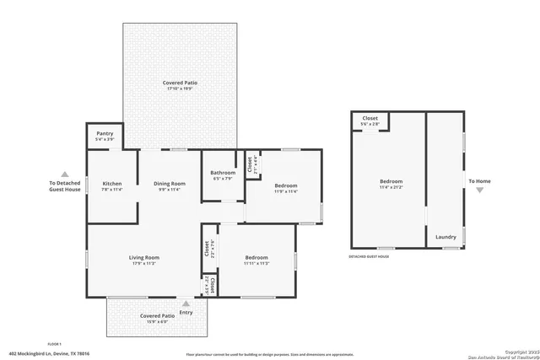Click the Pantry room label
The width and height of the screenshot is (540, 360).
[x=105, y=133]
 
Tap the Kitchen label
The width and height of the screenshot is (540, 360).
[x=112, y=183]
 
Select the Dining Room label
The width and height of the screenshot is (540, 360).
[x=169, y=183]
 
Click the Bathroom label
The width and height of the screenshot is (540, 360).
[x=223, y=173]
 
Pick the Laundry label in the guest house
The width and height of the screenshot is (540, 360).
[x=445, y=237]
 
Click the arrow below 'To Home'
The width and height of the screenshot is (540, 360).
[x=479, y=190]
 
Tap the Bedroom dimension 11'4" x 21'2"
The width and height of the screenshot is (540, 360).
[x=391, y=187]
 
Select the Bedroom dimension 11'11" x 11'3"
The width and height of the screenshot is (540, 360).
[x=256, y=263]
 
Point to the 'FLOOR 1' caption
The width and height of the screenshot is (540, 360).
[x=55, y=345]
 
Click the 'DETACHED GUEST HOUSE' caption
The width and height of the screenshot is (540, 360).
[x=369, y=256]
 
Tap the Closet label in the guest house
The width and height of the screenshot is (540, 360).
[x=370, y=118]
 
